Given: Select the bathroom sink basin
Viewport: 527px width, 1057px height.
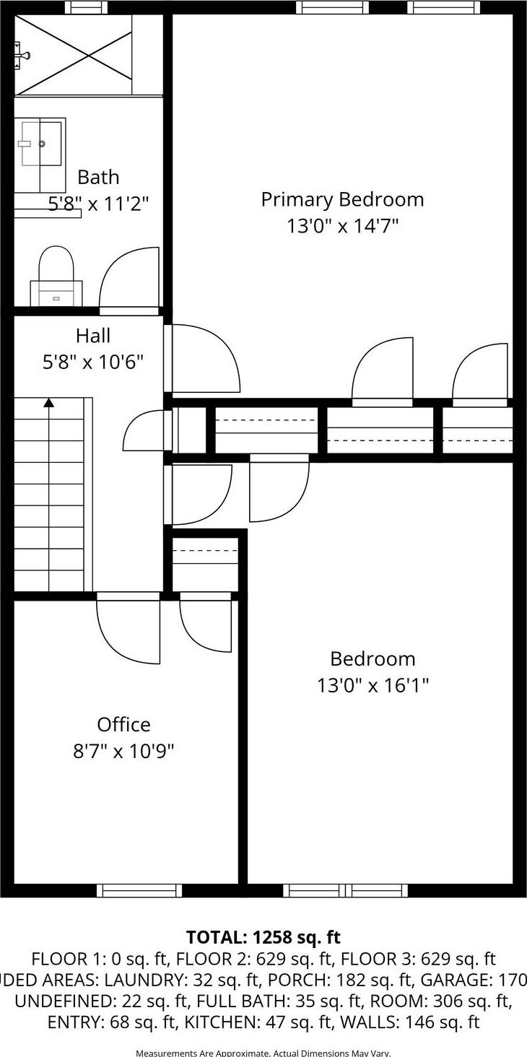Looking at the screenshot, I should tap(41, 144).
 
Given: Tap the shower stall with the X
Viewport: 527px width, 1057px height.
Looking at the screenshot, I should tap(74, 55).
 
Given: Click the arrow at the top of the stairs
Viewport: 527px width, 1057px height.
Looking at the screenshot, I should tap(48, 403).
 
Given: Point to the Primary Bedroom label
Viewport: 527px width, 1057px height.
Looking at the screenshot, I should tap(342, 199).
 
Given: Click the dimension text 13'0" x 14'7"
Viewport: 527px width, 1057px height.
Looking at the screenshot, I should tap(342, 226).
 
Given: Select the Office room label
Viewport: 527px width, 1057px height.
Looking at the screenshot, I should tap(123, 724).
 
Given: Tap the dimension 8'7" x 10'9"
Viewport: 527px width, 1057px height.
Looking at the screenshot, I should tap(123, 751).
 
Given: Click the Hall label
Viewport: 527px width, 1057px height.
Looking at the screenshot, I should tap(93, 336).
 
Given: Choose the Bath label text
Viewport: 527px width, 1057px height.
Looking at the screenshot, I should tap(98, 177).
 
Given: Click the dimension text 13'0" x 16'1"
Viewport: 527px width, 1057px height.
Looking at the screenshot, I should tap(373, 684).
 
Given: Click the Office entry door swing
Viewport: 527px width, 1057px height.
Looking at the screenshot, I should tap(129, 628).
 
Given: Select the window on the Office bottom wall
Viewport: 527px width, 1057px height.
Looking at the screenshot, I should tap(139, 891).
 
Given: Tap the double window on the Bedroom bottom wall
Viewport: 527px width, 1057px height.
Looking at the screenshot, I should tap(345, 891).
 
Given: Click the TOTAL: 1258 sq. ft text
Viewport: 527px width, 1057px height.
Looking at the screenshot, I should tap(263, 937).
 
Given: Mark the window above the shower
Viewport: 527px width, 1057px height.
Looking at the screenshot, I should tap(86, 7).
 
